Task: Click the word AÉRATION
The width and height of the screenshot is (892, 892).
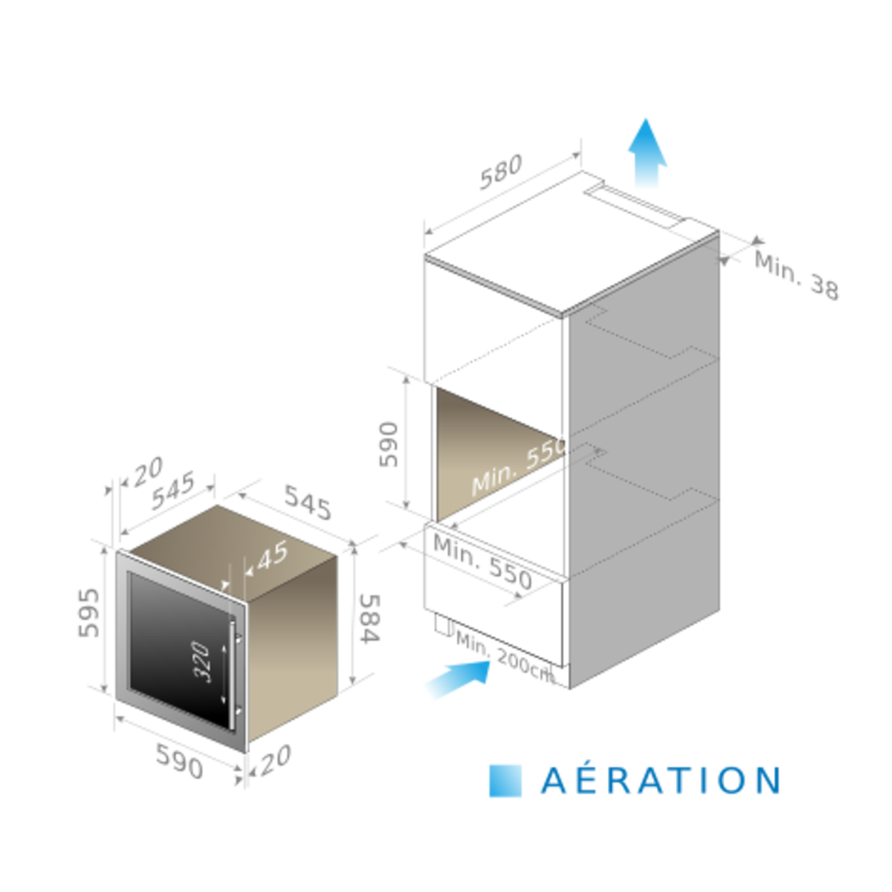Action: coord(659,780)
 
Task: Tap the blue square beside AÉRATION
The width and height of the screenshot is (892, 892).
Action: coord(505,780)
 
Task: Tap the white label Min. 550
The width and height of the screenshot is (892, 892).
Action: coord(520,465)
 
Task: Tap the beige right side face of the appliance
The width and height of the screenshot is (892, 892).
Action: coord(294,639)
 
